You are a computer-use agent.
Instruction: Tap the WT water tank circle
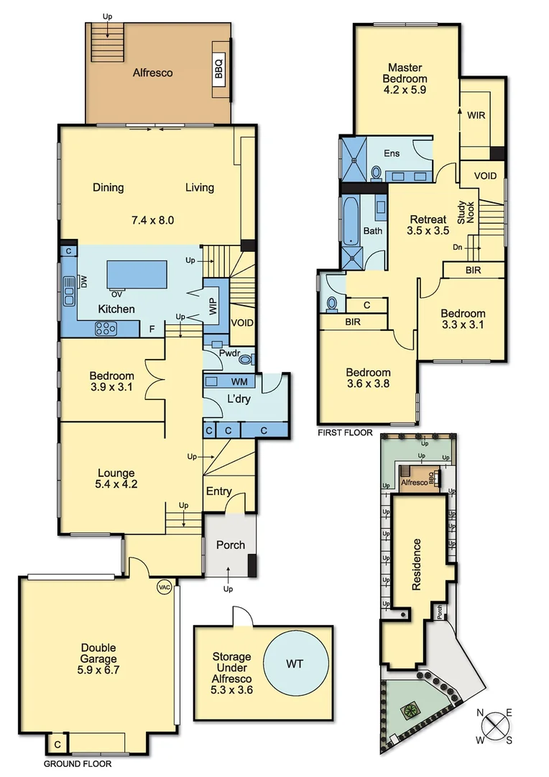pos(295,663)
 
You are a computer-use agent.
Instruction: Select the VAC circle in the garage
pos(164,587)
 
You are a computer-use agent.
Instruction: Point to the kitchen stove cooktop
pos(106,328)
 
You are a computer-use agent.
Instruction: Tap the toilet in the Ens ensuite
pos(376,173)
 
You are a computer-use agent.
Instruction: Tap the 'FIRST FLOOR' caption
pos(346,433)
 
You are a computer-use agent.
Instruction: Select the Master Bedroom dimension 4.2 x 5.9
pos(405,91)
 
